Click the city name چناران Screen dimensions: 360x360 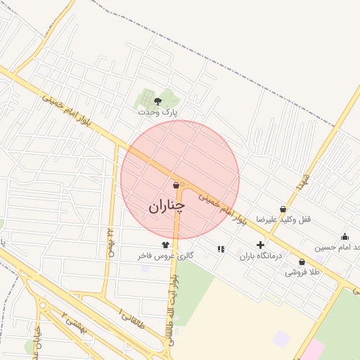click(x=167, y=206)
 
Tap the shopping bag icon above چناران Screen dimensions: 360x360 click(x=176, y=185)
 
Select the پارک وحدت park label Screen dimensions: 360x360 click(x=157, y=112)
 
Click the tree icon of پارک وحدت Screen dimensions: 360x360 click(x=157, y=101)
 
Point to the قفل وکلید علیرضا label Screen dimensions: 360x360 click(x=283, y=219)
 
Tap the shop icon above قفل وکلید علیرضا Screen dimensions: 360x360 click(x=283, y=209)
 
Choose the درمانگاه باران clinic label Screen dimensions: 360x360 click(x=260, y=256)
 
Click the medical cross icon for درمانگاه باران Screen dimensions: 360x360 click(x=261, y=245)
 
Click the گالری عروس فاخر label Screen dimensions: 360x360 click(x=166, y=256)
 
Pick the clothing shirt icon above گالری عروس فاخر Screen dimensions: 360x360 click(x=165, y=245)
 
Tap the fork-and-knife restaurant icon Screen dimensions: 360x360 click(x=221, y=249)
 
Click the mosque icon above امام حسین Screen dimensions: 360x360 click(x=345, y=236)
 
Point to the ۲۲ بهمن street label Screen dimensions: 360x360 click(x=110, y=242)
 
